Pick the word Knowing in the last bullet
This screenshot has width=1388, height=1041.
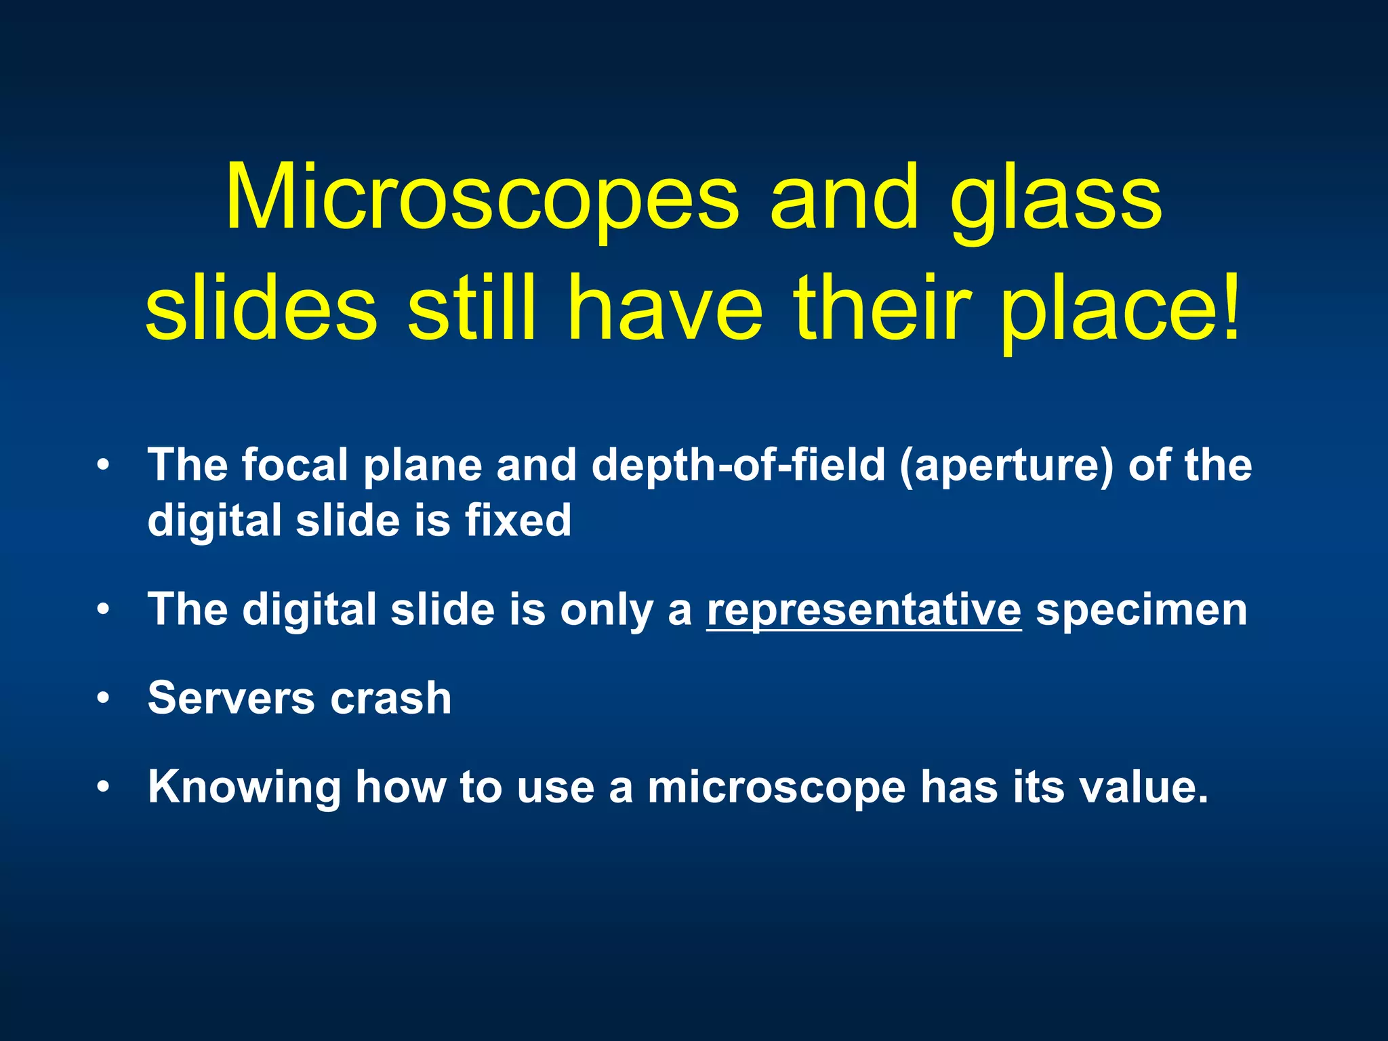[245, 788]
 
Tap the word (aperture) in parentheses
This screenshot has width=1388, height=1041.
[1006, 466]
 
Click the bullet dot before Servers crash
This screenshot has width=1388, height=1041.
[102, 699]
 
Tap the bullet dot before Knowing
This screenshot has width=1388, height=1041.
[102, 788]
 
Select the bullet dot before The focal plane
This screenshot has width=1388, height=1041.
[102, 466]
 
